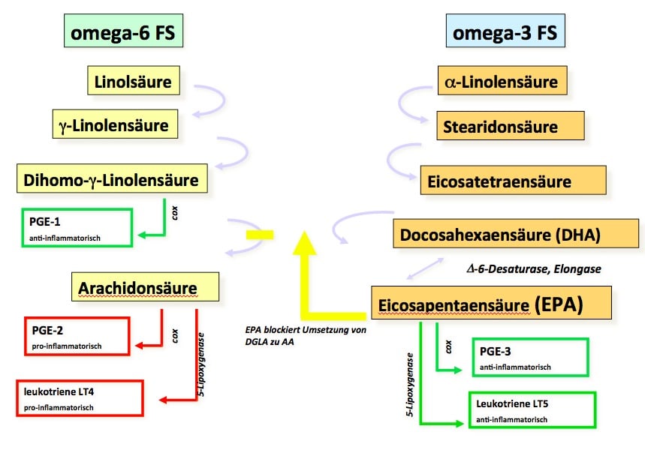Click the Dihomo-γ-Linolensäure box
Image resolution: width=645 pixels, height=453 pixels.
pos(111,180)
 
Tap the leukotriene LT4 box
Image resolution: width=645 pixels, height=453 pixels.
pos(79,397)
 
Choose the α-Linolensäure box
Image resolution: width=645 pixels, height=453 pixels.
pos(501,81)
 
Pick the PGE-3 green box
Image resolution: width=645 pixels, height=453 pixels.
pos(530,357)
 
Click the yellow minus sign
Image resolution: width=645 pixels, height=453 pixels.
pos(259,235)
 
